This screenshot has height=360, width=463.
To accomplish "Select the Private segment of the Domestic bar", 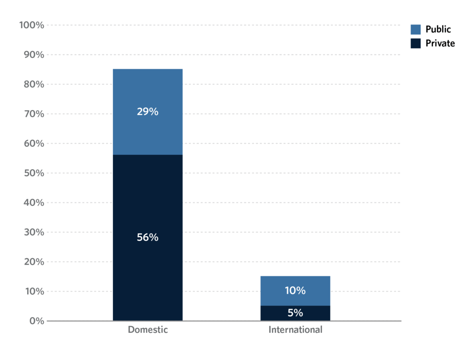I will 147,204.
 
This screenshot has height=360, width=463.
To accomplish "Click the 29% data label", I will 147,112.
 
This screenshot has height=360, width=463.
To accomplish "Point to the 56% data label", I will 147,237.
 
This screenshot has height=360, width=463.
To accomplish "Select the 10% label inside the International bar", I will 295,291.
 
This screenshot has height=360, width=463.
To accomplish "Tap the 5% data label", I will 295,313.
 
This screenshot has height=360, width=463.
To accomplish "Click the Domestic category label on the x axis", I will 147,330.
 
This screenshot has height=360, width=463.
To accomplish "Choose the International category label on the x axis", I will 295,330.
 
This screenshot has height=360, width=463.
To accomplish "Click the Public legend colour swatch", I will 416,29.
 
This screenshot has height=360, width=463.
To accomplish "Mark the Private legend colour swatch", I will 416,43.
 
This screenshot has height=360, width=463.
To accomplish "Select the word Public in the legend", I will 438,29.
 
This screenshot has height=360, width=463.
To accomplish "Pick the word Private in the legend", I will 440,43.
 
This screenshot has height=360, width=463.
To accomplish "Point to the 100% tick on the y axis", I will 32,25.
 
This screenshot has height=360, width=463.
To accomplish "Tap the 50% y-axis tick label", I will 33,173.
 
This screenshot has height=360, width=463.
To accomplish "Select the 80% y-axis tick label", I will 33,85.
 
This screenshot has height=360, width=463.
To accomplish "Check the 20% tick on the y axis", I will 33,262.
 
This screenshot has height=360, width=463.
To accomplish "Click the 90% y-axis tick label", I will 33,55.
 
